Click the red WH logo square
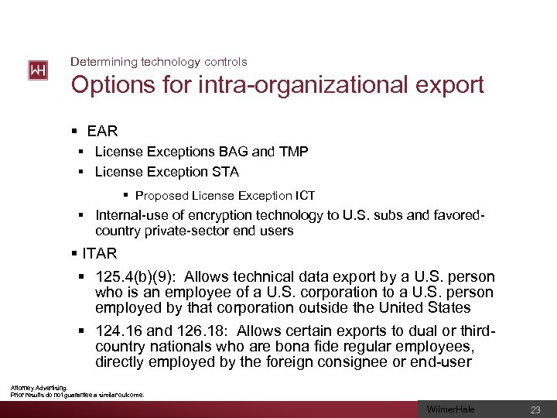point(37,70)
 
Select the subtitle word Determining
point(101,61)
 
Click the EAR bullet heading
point(102,132)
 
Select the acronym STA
point(224,171)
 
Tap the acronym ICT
point(302,196)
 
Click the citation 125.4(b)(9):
point(136,276)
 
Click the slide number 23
point(535,409)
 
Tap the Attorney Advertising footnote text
point(39,387)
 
